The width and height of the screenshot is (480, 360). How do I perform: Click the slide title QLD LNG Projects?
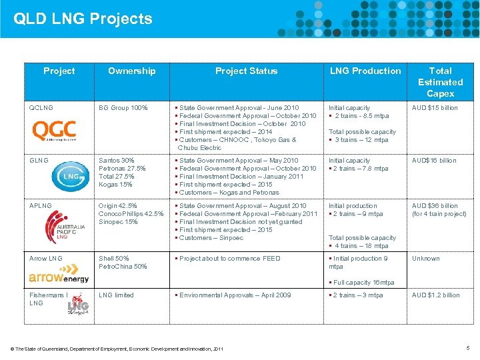coord(83,18)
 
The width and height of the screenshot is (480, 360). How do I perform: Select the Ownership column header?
coord(131,71)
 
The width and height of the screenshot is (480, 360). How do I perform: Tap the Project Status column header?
coord(246,71)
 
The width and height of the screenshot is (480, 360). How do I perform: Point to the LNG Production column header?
coord(366,71)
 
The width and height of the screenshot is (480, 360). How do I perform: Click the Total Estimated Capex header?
coord(440,82)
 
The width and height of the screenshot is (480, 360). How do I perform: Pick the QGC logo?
coord(54,130)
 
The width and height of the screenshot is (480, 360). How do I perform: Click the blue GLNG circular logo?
coord(69,175)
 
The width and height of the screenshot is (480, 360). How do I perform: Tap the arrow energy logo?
coord(59,276)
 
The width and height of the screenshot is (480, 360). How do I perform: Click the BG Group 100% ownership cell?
coord(123,108)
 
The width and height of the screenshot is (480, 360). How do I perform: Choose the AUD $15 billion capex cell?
coord(435,108)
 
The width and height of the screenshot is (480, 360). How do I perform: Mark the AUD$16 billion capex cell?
coord(434,161)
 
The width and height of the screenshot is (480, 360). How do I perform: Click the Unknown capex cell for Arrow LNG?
coord(425,259)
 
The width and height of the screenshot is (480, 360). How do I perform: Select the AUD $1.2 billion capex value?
coord(435,295)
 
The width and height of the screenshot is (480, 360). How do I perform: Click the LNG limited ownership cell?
coord(116,295)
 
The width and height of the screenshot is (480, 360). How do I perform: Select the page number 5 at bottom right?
coord(468,348)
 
